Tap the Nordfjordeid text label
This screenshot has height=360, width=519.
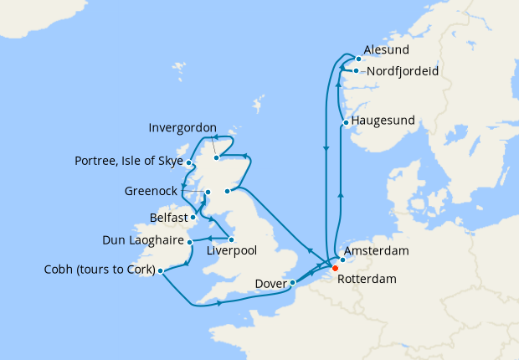pyautogui.click(x=404, y=71)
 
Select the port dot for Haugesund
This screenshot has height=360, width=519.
pyautogui.click(x=346, y=124)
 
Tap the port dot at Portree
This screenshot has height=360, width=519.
pyautogui.click(x=190, y=163)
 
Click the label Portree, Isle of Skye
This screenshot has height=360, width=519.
pyautogui.click(x=128, y=161)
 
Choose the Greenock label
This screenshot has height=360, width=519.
pyautogui.click(x=151, y=191)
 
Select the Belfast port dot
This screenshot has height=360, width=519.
pyautogui.click(x=193, y=218)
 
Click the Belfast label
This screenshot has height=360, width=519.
pyautogui.click(x=168, y=217)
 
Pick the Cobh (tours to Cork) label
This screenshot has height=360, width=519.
pyautogui.click(x=100, y=270)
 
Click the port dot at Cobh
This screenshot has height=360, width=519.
pyautogui.click(x=160, y=270)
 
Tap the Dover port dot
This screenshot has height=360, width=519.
pyautogui.click(x=293, y=283)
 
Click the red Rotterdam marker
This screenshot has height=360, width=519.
pyautogui.click(x=335, y=269)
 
